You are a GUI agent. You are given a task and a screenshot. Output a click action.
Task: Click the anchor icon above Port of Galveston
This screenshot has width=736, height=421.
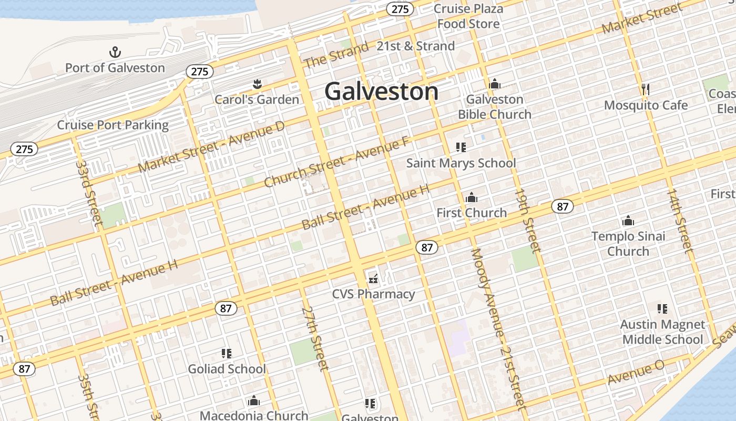click(x=115, y=52)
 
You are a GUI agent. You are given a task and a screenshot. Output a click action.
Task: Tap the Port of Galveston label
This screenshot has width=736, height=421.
click(x=115, y=68)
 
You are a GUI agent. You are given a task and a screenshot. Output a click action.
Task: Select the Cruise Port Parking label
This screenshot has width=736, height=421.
click(x=113, y=125)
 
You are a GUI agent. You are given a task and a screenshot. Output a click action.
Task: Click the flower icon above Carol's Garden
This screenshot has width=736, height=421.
click(x=257, y=84)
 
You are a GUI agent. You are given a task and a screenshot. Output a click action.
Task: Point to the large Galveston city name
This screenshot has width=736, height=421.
click(x=381, y=92)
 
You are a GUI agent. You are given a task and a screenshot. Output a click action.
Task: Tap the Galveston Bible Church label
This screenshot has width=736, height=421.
click(x=495, y=107)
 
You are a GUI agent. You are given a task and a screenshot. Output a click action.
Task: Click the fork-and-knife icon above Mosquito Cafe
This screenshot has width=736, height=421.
click(x=646, y=89)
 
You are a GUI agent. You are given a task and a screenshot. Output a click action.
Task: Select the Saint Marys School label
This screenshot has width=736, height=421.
click(x=461, y=163)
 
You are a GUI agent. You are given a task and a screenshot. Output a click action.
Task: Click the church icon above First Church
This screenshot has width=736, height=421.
click(x=472, y=197)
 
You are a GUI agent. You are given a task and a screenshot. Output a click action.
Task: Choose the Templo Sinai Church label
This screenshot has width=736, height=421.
click(x=628, y=244)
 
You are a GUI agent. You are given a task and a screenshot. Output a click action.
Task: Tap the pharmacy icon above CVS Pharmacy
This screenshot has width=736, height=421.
click(x=373, y=278)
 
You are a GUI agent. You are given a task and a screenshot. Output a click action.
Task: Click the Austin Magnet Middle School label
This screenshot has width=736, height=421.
click(x=662, y=332)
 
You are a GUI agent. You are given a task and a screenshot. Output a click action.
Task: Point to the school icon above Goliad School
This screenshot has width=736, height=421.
click(x=227, y=353)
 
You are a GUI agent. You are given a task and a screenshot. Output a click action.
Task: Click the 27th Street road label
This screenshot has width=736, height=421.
click(x=315, y=338)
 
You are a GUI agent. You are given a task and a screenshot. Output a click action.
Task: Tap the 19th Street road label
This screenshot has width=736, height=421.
click(x=528, y=220)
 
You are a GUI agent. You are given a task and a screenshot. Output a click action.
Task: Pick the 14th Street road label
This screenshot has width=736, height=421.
click(x=680, y=220)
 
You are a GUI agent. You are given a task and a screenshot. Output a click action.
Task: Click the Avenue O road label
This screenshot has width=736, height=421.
click(x=636, y=373)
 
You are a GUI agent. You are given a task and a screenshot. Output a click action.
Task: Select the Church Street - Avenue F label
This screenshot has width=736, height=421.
click(x=336, y=162)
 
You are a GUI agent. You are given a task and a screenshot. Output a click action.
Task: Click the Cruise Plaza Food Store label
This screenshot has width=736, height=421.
click(x=468, y=16)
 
